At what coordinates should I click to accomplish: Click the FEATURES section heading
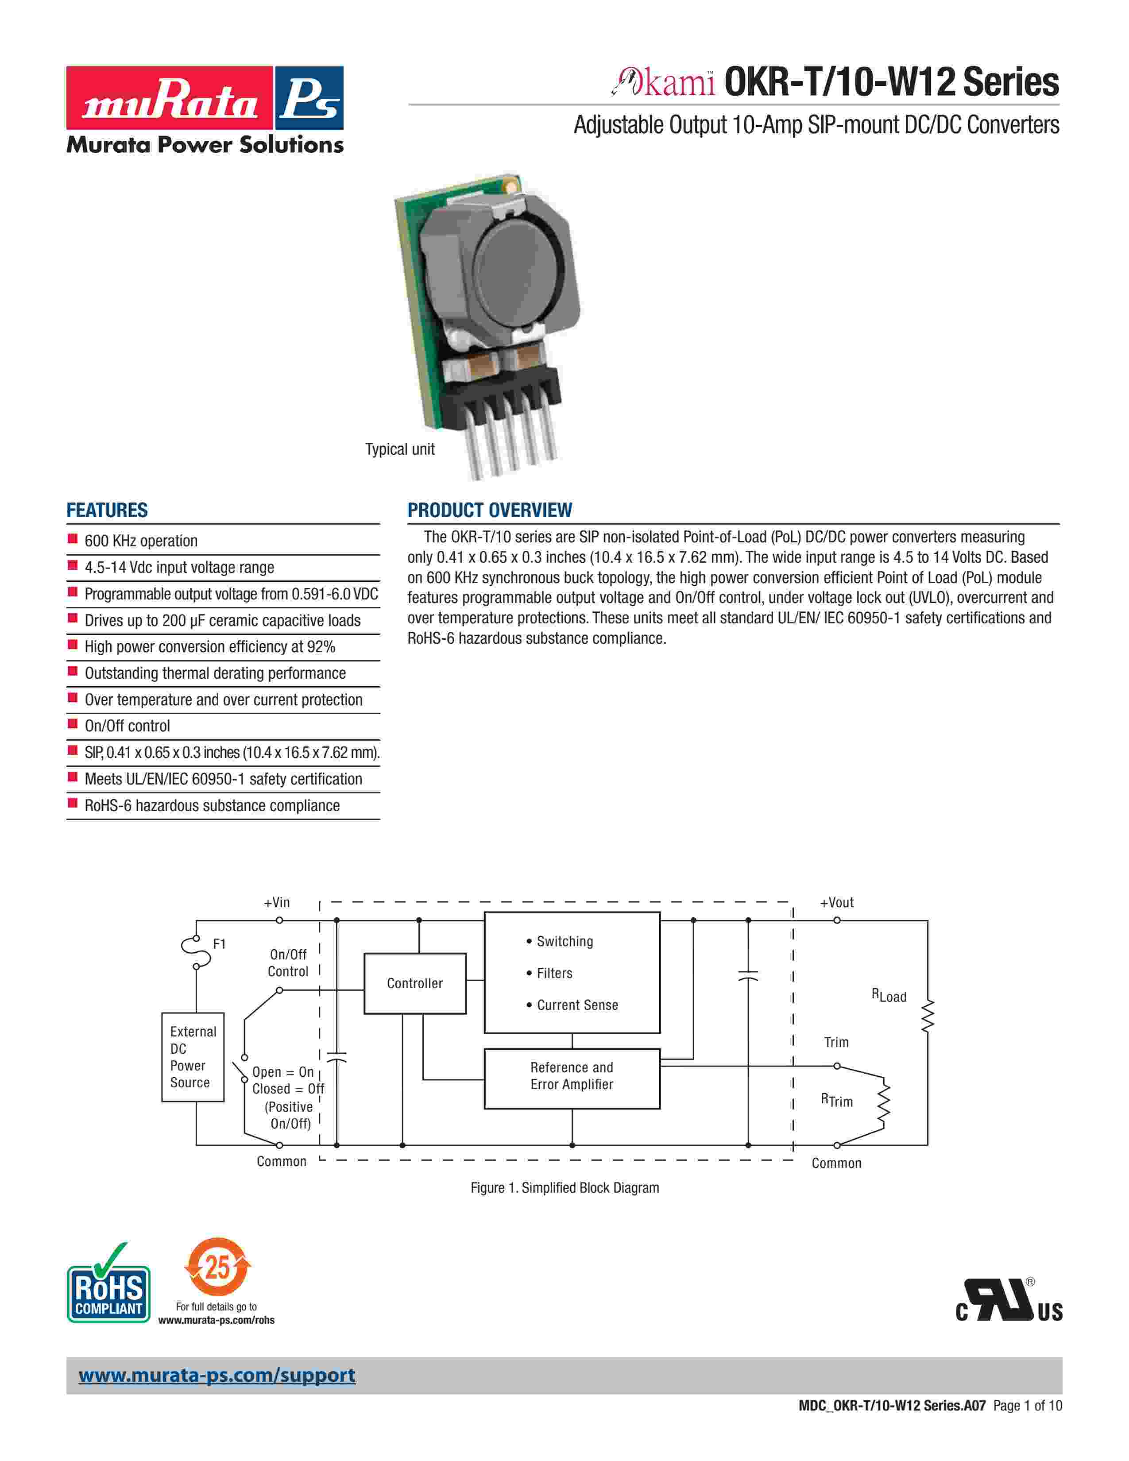click(x=107, y=510)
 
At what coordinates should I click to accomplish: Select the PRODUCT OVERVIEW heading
click(x=490, y=510)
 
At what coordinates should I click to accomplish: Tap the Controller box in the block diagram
click(x=415, y=983)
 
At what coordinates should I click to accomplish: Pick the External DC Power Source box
click(x=193, y=1057)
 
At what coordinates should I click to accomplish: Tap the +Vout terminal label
click(x=837, y=902)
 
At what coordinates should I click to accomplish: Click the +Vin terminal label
click(x=277, y=902)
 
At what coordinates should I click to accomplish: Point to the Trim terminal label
click(x=836, y=1042)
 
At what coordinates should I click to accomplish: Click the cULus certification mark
click(x=1009, y=1301)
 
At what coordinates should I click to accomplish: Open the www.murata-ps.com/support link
click(x=217, y=1376)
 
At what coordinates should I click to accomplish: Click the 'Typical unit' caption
click(x=400, y=449)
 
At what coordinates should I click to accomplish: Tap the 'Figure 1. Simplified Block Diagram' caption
click(x=564, y=1188)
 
